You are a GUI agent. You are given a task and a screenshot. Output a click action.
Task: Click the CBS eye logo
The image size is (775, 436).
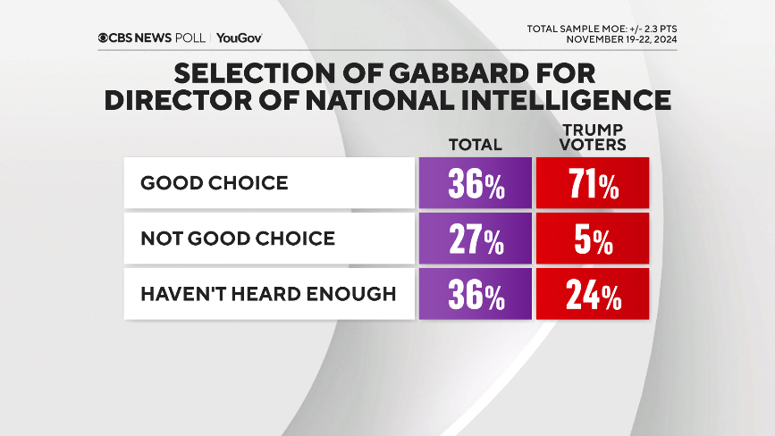pyautogui.click(x=105, y=38)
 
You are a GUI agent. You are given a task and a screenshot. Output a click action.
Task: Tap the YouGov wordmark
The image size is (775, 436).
pyautogui.click(x=239, y=38)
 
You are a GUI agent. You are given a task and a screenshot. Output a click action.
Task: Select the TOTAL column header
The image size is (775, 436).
pyautogui.click(x=476, y=144)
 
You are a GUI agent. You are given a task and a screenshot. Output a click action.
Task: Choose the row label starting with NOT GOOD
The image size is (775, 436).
pyautogui.click(x=238, y=238)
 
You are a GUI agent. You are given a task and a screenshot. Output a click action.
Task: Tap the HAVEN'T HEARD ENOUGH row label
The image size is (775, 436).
pyautogui.click(x=268, y=293)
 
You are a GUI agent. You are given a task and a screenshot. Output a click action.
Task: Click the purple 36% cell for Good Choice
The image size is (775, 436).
pyautogui.click(x=475, y=184)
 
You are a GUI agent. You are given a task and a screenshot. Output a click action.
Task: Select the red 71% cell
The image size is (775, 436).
pyautogui.click(x=591, y=184)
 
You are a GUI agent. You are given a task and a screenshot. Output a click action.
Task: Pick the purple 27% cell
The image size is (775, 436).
pyautogui.click(x=475, y=239)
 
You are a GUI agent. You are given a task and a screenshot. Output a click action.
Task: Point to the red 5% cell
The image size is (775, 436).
pyautogui.click(x=591, y=239)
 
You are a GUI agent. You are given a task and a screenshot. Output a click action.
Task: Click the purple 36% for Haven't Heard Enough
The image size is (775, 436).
pyautogui.click(x=475, y=294)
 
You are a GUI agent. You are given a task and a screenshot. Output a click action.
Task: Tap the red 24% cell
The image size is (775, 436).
pyautogui.click(x=591, y=294)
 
